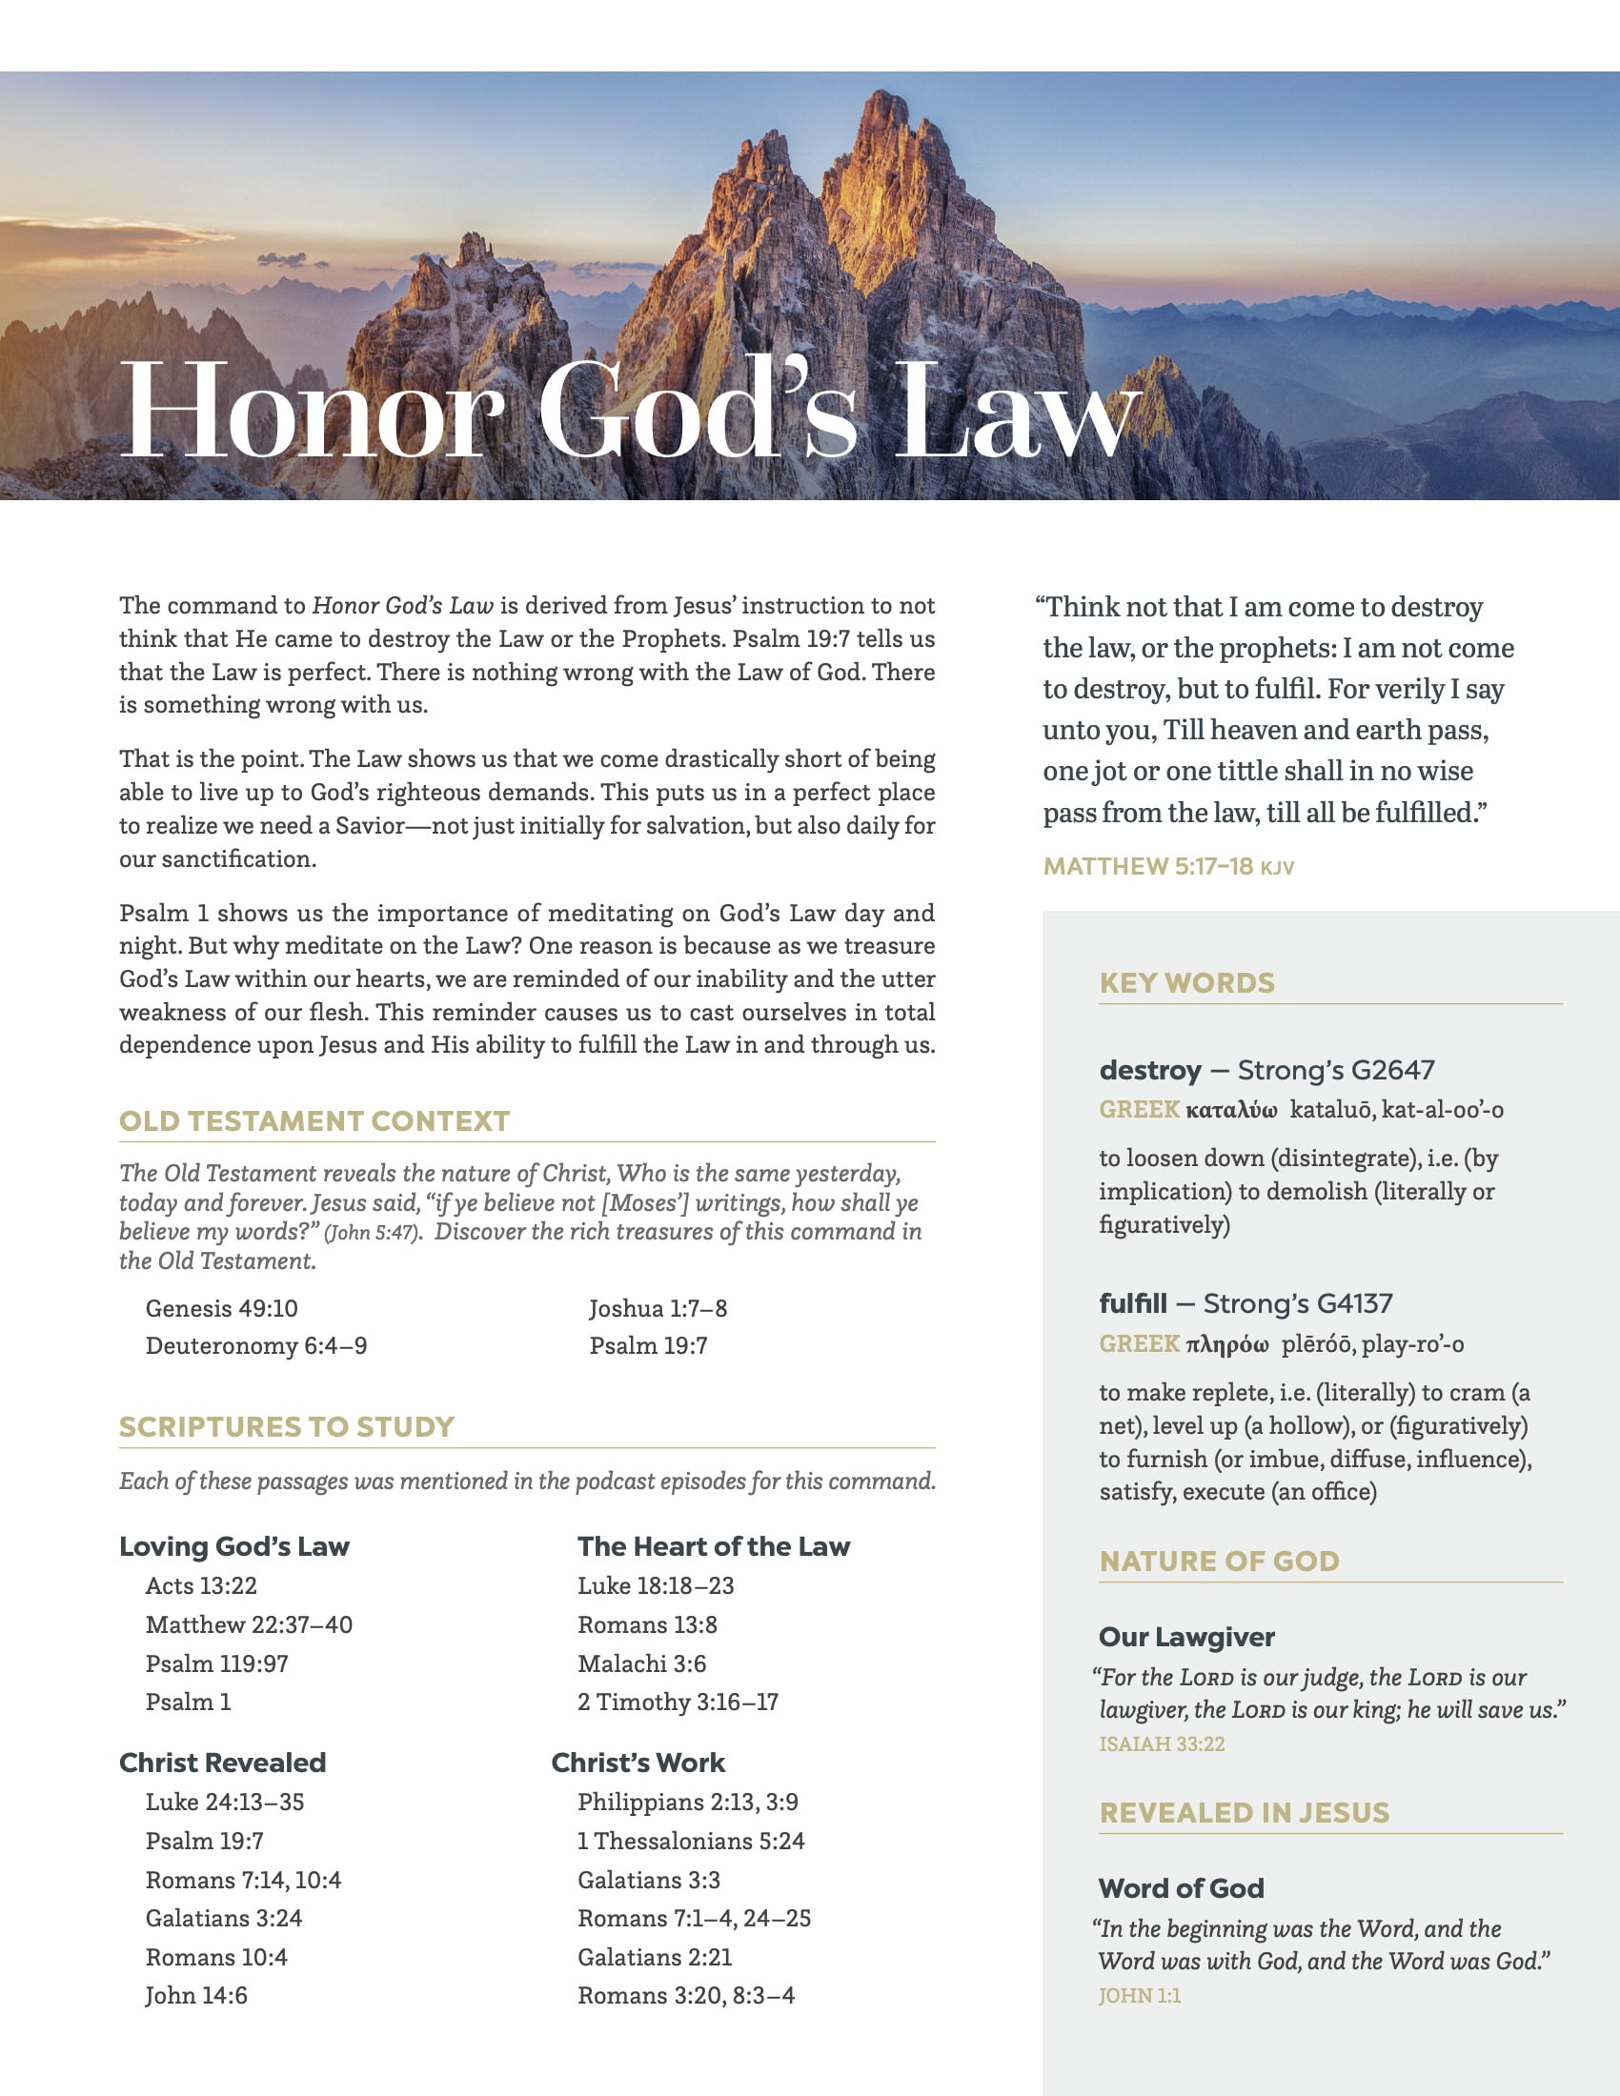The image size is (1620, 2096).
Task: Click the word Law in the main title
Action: pyautogui.click(x=1016, y=413)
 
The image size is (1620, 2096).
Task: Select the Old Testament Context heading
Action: pyautogui.click(x=314, y=1121)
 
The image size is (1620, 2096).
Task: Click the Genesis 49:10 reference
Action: pyautogui.click(x=222, y=1308)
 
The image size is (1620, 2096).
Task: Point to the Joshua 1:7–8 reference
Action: pyautogui.click(x=658, y=1308)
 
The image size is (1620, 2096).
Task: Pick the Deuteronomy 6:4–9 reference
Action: pyautogui.click(x=256, y=1345)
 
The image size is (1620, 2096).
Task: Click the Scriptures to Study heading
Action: pyautogui.click(x=287, y=1426)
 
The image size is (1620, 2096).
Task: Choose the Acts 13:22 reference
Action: pyautogui.click(x=201, y=1585)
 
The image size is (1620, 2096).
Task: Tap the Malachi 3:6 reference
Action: pyautogui.click(x=642, y=1663)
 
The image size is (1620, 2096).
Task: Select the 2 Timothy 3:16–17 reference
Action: pyautogui.click(x=678, y=1702)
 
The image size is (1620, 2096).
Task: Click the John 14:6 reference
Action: pyautogui.click(x=196, y=1995)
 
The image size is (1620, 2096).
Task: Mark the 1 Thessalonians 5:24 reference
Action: pyautogui.click(x=691, y=1841)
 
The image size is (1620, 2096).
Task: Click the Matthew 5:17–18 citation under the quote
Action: pyautogui.click(x=1149, y=867)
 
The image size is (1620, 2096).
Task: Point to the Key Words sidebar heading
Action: pyautogui.click(x=1187, y=983)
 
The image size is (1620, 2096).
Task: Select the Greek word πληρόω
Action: pyautogui.click(x=1227, y=1344)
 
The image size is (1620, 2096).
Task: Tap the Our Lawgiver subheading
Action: pyautogui.click(x=1186, y=1636)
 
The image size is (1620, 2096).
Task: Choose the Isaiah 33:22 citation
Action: pyautogui.click(x=1162, y=1743)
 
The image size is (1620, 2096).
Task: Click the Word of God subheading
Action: pyautogui.click(x=1182, y=1887)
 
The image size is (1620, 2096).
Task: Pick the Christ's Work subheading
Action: pyautogui.click(x=638, y=1762)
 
